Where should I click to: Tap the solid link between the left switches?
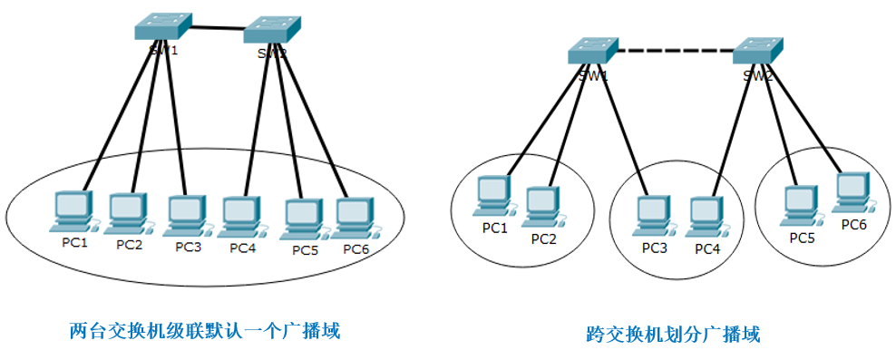pyautogui.click(x=217, y=31)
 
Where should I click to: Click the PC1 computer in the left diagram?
pyautogui.click(x=73, y=210)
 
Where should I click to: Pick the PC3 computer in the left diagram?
pyautogui.click(x=186, y=214)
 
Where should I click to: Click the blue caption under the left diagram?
pyautogui.click(x=204, y=330)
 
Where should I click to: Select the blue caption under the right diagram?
pyautogui.click(x=672, y=335)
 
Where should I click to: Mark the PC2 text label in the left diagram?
pyautogui.click(x=129, y=245)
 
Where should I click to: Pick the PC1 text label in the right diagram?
pyautogui.click(x=494, y=228)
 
